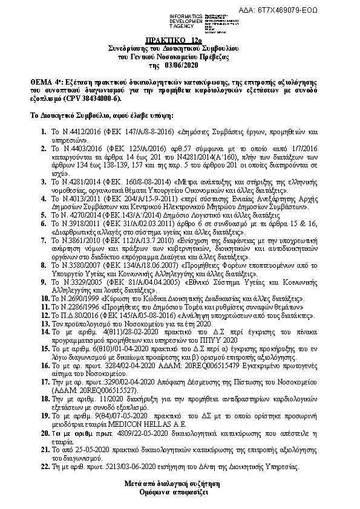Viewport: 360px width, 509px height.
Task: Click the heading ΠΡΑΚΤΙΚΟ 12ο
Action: tap(179, 39)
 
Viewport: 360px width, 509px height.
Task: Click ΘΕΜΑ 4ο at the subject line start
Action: tap(44, 80)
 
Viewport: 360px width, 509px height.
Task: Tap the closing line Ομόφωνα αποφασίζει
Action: tap(180, 492)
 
